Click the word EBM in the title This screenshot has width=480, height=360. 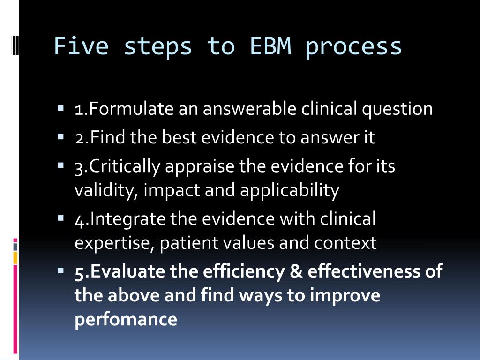(x=270, y=46)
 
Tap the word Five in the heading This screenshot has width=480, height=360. (x=81, y=46)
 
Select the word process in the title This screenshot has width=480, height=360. (x=353, y=47)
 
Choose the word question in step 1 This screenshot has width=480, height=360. (x=397, y=110)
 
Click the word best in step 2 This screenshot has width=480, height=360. (x=177, y=137)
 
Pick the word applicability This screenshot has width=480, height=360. (x=289, y=191)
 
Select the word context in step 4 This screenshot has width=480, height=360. (x=345, y=243)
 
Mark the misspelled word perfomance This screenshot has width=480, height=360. (x=126, y=320)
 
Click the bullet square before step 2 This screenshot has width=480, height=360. (x=61, y=138)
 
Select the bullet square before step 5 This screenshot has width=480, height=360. (x=61, y=271)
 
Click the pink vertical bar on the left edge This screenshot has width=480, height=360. (x=15, y=309)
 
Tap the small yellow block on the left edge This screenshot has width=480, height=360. (x=15, y=257)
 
